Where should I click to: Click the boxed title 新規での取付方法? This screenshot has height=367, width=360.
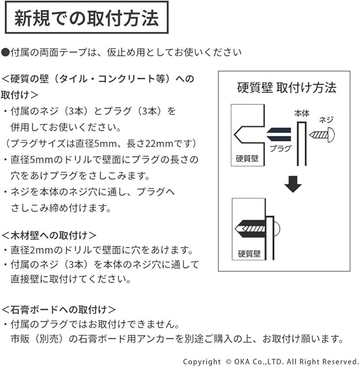click(86, 20)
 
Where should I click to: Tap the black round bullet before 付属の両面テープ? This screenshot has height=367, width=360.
click(6, 52)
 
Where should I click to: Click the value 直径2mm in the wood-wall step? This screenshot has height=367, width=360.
click(32, 250)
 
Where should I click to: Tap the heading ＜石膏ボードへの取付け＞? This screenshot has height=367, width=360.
click(59, 309)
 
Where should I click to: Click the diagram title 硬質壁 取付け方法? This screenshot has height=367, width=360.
click(286, 87)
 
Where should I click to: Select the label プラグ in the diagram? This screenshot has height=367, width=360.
click(280, 149)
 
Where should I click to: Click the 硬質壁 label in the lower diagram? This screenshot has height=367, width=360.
click(249, 253)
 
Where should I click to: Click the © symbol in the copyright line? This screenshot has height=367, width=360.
click(229, 362)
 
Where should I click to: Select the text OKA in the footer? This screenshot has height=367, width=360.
click(244, 362)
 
